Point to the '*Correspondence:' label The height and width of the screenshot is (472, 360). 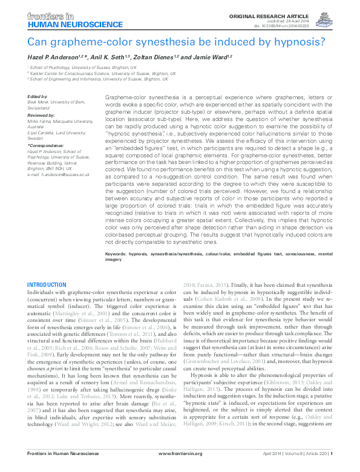(45, 146)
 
